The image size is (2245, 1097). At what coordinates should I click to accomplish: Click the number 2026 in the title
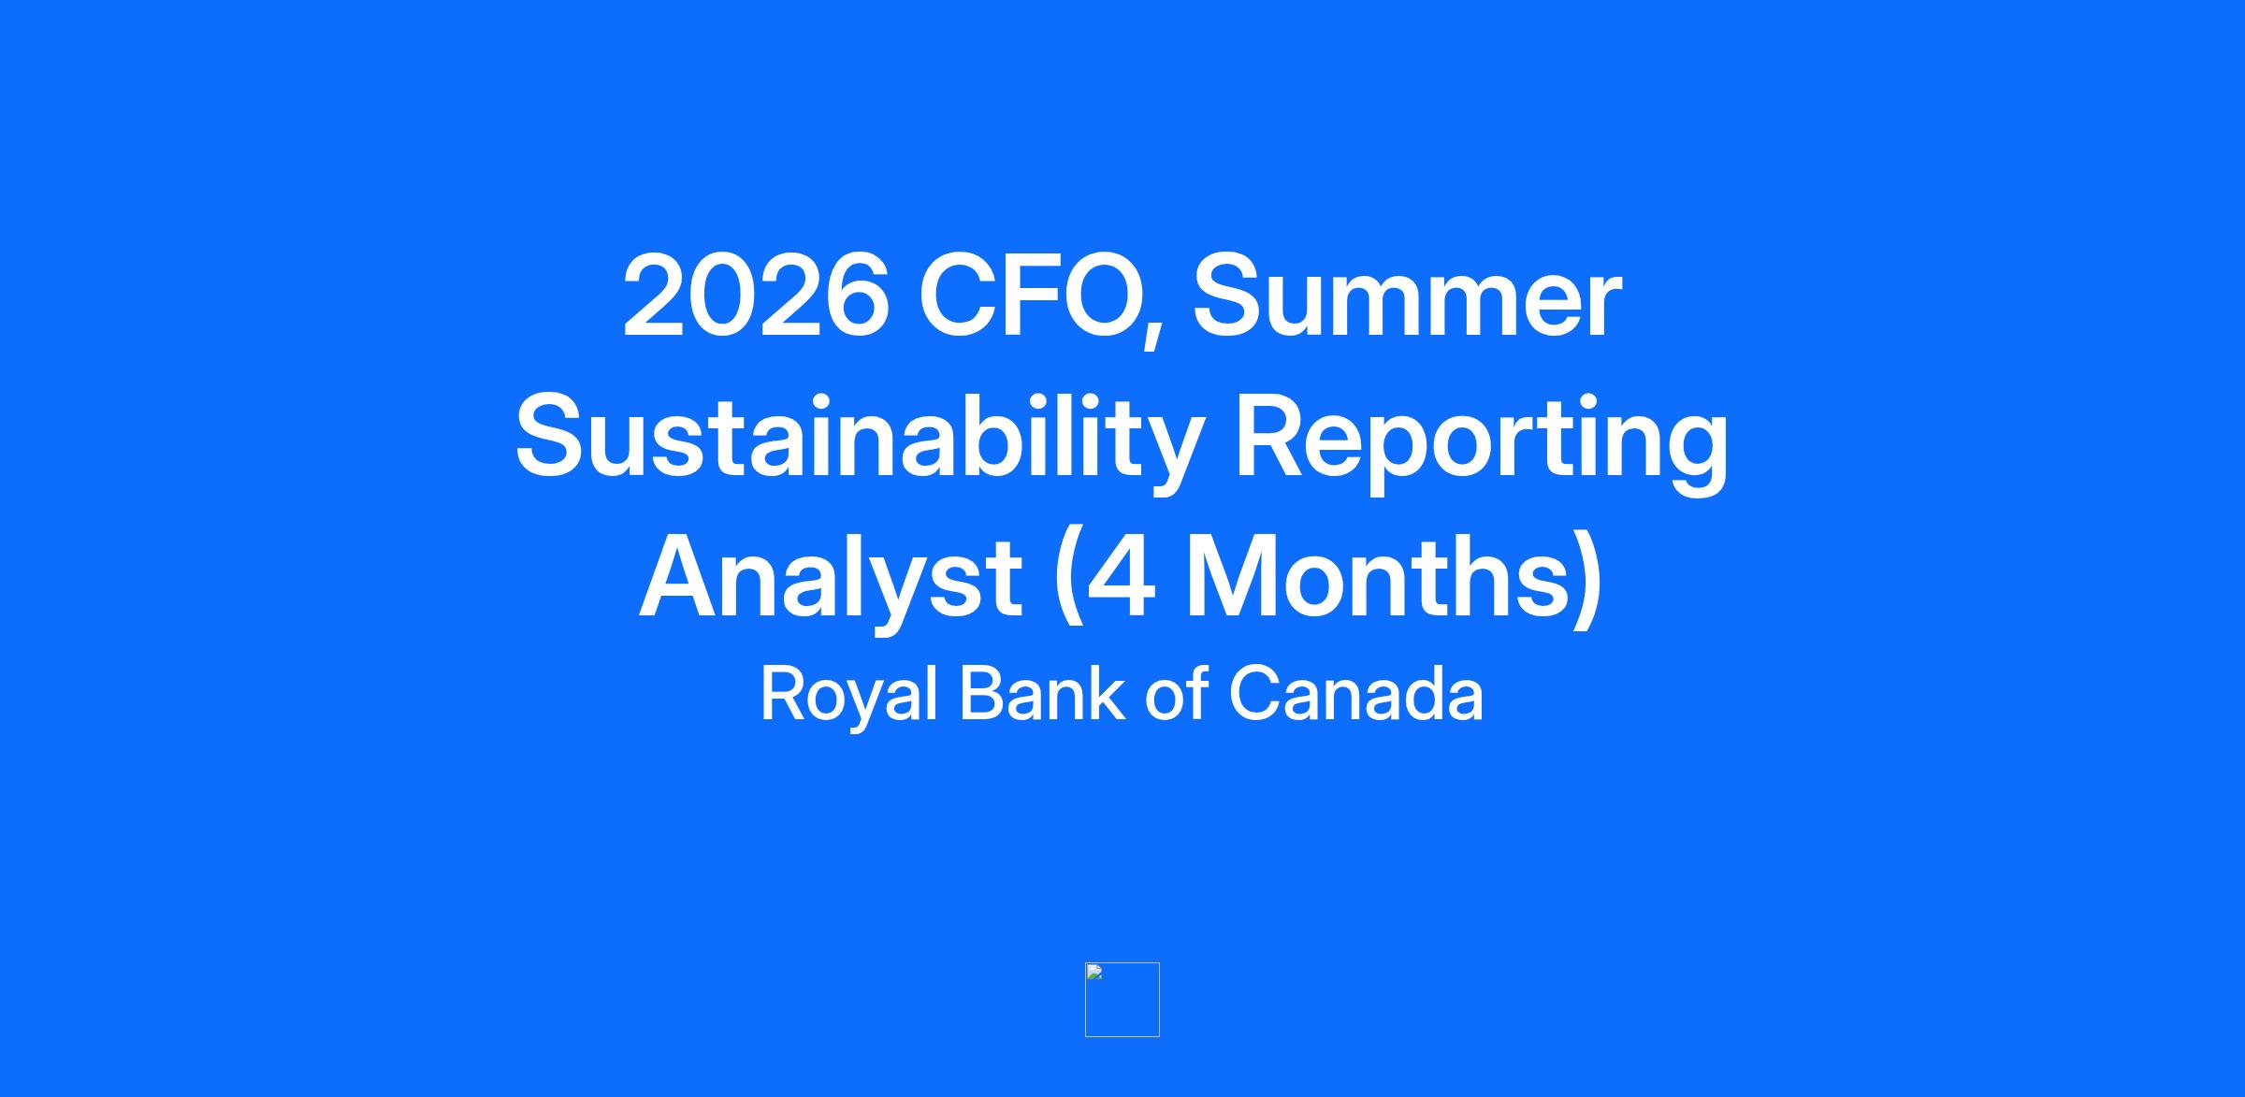(756, 296)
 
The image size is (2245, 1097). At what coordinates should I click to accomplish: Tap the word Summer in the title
(1407, 296)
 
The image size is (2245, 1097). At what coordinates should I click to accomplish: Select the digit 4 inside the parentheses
(1121, 577)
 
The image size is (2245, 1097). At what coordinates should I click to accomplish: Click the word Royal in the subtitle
(848, 695)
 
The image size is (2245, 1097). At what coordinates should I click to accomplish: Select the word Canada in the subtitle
(1356, 693)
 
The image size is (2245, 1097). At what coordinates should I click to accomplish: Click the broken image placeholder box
(1122, 1000)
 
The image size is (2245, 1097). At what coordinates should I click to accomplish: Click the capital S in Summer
(1225, 296)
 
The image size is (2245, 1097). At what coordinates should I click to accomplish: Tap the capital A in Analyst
(678, 576)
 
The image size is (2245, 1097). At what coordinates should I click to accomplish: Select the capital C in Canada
(1256, 693)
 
